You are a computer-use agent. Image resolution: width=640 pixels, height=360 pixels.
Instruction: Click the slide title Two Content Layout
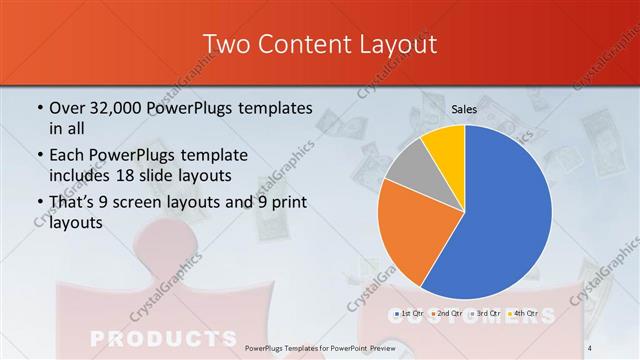coord(319,44)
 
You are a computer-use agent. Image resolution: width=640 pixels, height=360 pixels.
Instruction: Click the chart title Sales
coord(463,109)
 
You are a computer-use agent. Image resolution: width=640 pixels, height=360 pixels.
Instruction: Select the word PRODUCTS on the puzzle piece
coord(150,336)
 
